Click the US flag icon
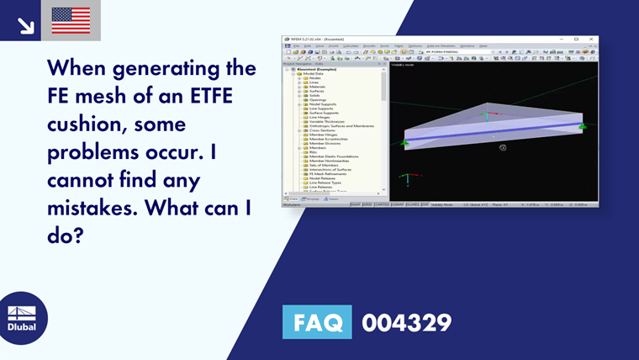pos(71,20)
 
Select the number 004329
pos(406,322)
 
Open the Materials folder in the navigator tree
pos(314,87)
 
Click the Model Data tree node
pos(312,74)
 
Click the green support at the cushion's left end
pos(404,144)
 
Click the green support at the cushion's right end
pos(581,126)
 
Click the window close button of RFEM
pos(594,39)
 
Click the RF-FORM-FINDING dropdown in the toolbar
pos(458,51)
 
